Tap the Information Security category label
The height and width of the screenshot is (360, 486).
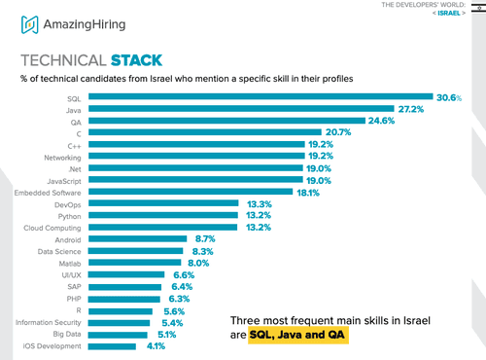pyautogui.click(x=45, y=321)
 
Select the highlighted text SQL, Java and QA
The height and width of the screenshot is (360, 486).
pyautogui.click(x=296, y=335)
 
